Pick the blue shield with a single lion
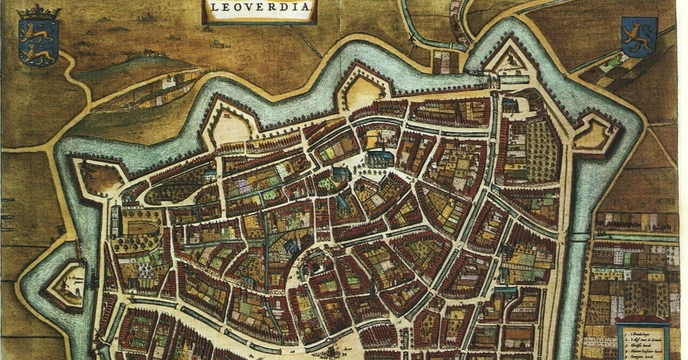click(x=639, y=37)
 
